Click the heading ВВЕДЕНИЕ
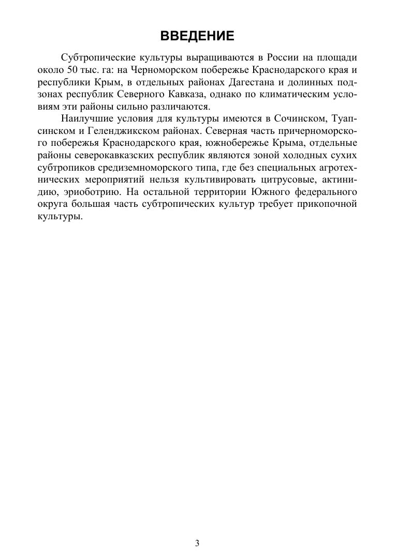[197, 36]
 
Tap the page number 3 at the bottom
[197, 542]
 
